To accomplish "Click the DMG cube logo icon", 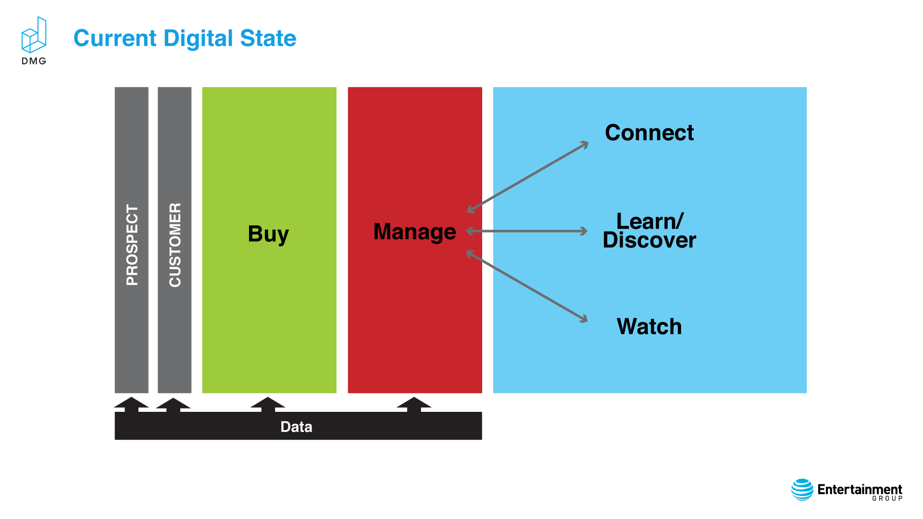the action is click(x=34, y=35).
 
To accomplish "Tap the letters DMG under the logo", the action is click(x=34, y=61).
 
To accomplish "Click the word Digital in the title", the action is click(x=199, y=38).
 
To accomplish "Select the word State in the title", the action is click(x=268, y=38).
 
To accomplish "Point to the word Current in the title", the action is click(x=115, y=38).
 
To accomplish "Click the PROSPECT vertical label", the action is click(x=132, y=245).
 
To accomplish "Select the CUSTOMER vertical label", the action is click(x=175, y=245).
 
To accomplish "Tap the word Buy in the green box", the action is click(x=268, y=235).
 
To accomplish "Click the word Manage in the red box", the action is click(x=415, y=232).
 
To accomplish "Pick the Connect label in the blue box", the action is click(x=649, y=133).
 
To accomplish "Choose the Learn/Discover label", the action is click(x=649, y=231).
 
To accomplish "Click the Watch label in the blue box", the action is click(x=649, y=327).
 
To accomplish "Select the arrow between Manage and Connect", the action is click(x=528, y=177).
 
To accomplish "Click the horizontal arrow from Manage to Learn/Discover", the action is click(x=527, y=231).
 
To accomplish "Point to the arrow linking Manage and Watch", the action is click(x=527, y=286).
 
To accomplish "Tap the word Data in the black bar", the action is click(x=297, y=427).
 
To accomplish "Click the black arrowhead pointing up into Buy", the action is click(x=268, y=404).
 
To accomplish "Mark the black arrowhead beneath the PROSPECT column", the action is click(x=131, y=404).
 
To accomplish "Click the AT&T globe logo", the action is click(x=802, y=490).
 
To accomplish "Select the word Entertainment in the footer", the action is click(x=860, y=489).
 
